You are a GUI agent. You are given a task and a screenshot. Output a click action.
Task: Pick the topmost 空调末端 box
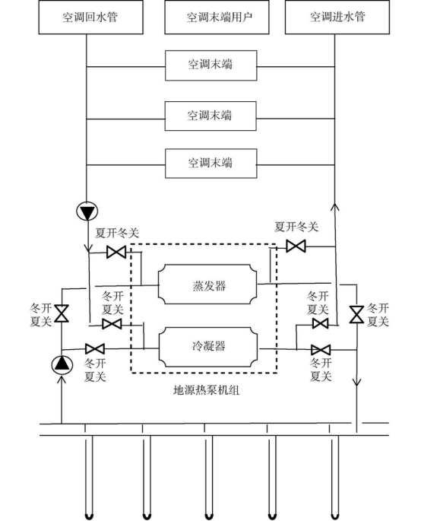210,65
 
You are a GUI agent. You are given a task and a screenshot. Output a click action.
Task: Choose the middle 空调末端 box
210,116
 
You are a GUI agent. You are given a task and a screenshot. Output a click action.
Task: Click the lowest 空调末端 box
210,162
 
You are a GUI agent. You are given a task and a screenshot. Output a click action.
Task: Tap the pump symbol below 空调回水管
86,211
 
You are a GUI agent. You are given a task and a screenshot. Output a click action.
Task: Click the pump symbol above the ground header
62,364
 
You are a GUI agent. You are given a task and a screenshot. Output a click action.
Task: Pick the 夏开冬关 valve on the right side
296,246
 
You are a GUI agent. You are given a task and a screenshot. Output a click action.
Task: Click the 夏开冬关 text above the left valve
116,233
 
